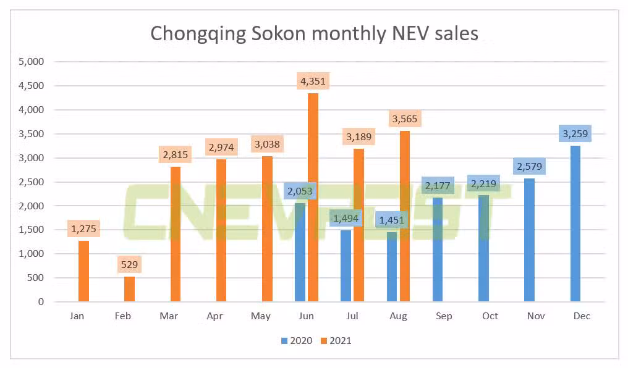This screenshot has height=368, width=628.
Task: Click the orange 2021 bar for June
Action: [x=313, y=198]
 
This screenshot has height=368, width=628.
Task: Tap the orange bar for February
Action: [x=130, y=289]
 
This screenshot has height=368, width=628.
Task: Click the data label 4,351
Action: [x=312, y=81]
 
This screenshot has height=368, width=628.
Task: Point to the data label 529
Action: [x=130, y=264]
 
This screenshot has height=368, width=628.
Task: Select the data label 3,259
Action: [x=575, y=133]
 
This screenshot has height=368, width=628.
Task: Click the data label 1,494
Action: [x=346, y=217]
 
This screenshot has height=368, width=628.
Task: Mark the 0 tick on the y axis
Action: [x=41, y=302]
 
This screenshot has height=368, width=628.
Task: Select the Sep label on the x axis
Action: [x=444, y=316]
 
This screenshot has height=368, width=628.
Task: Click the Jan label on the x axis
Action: [x=77, y=316]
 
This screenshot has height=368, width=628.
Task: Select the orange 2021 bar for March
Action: [x=176, y=234]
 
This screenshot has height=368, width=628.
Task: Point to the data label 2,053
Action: [x=300, y=191]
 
